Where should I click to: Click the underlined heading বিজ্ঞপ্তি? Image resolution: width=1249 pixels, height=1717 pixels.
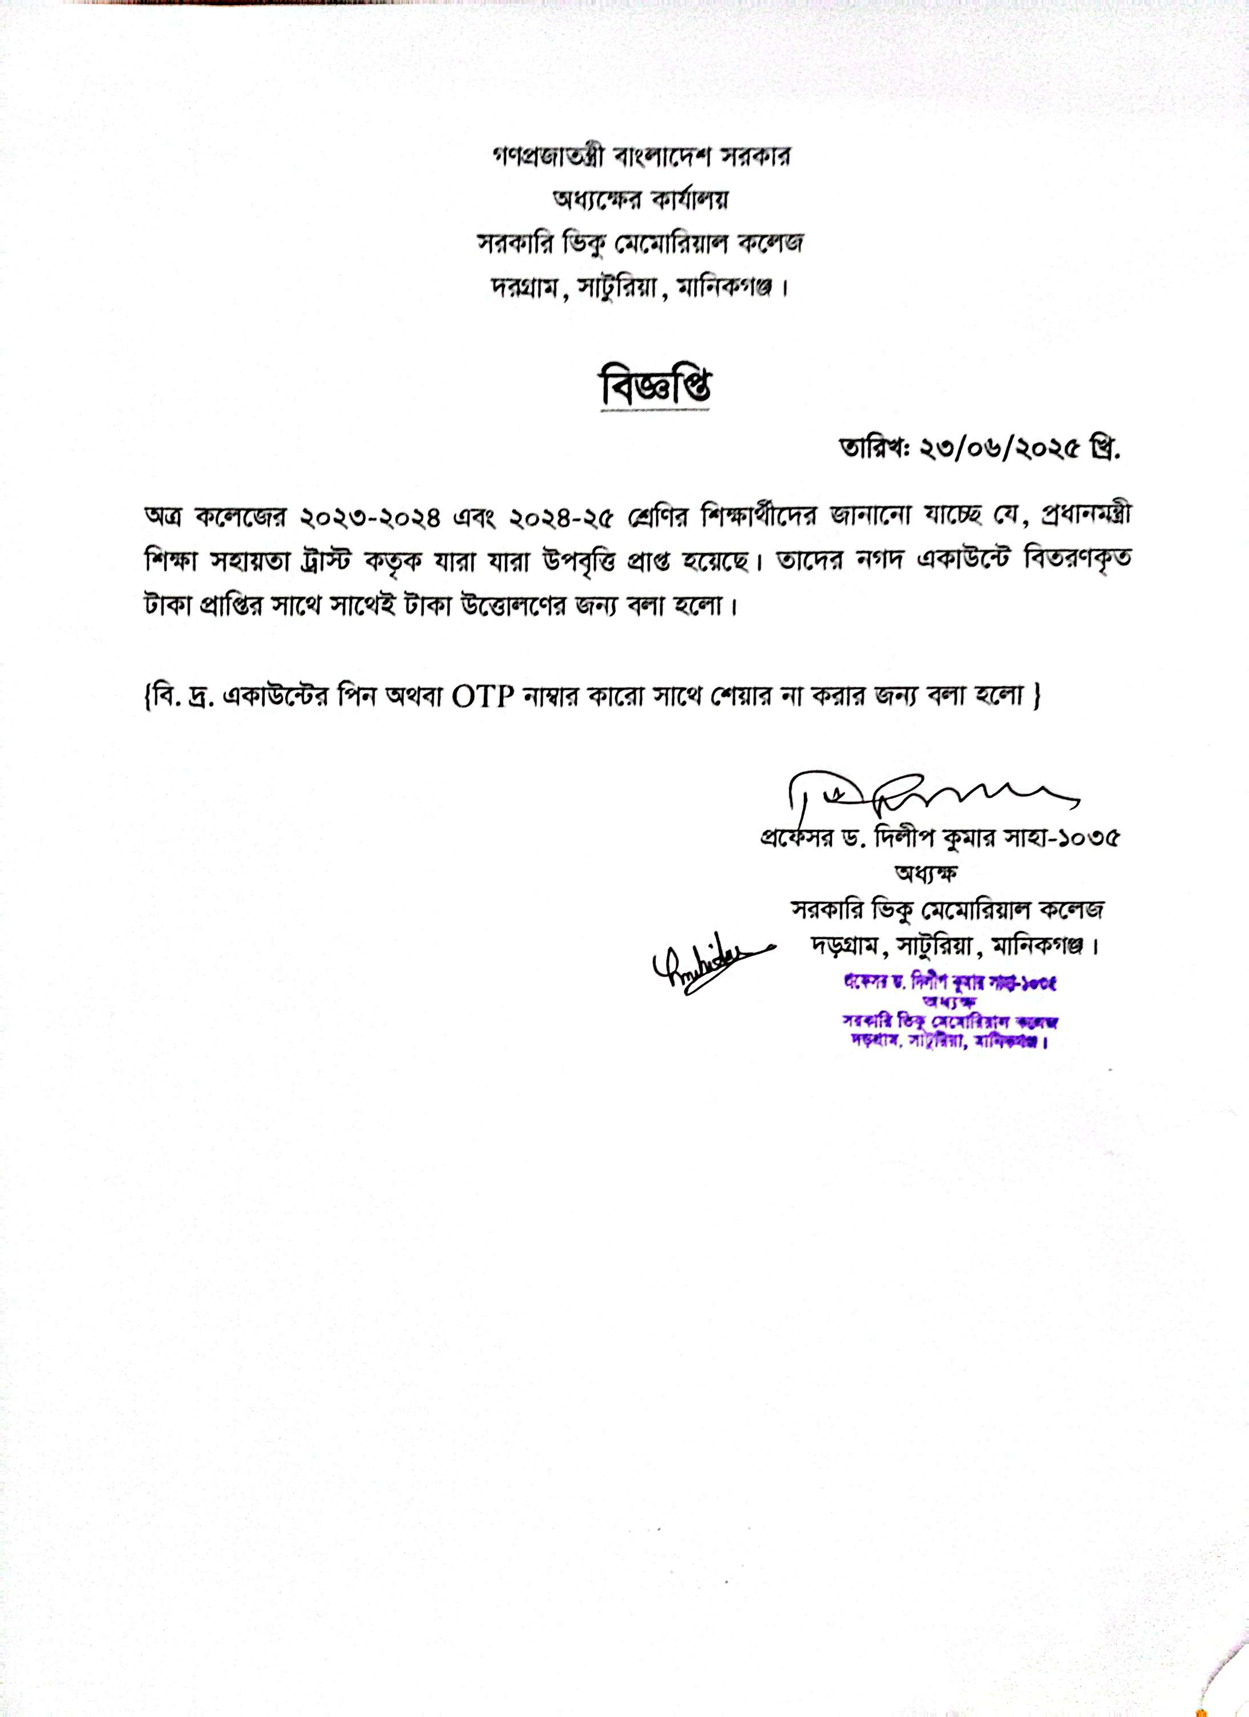coord(656,388)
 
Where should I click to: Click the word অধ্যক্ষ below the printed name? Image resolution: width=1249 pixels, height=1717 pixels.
coord(927,874)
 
